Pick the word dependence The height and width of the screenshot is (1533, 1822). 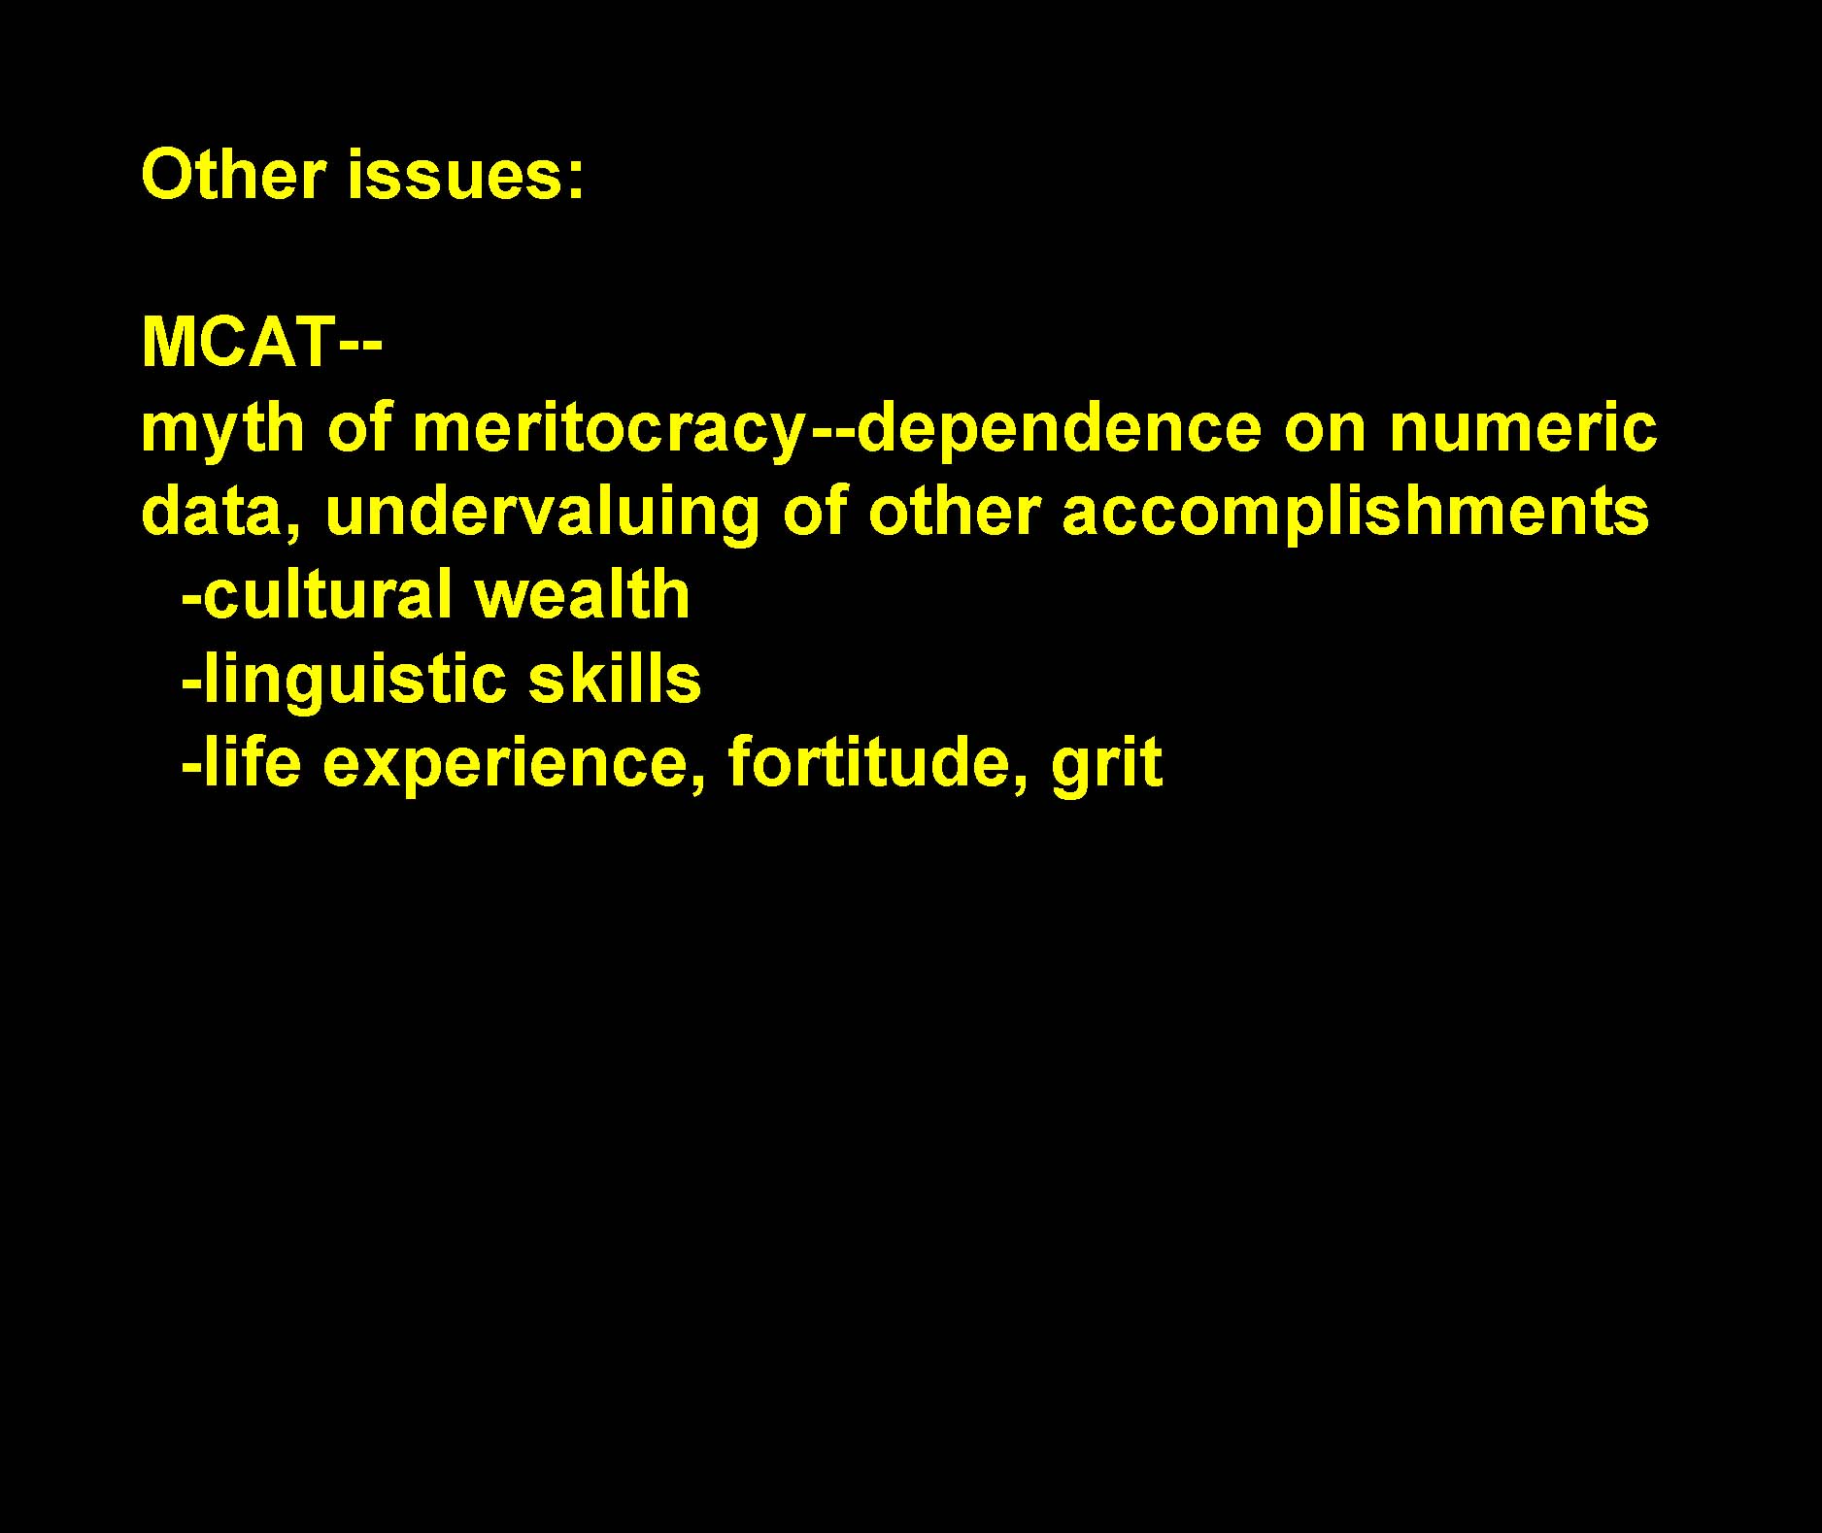click(1058, 427)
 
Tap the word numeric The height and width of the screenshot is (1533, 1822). click(1523, 427)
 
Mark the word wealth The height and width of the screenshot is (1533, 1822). click(583, 594)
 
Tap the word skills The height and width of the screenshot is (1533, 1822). click(614, 678)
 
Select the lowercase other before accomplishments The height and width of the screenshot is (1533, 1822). click(955, 512)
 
